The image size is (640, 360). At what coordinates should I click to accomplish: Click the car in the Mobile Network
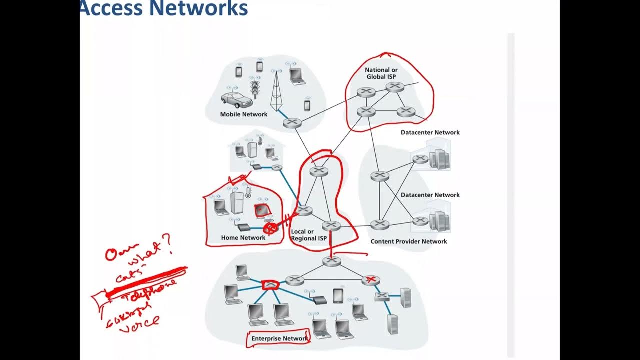click(236, 100)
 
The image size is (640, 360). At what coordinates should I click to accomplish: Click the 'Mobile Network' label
click(244, 114)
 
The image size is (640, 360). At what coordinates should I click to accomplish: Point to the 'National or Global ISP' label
click(381, 73)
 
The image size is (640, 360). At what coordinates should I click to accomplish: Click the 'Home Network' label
click(243, 238)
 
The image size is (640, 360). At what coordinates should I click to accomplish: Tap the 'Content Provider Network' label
click(409, 241)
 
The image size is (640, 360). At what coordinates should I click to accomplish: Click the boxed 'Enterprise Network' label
click(279, 339)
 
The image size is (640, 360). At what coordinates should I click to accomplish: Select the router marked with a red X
click(370, 280)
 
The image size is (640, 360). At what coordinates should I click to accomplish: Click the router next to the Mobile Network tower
click(292, 123)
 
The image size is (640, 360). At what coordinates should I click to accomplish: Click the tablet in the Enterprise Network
click(338, 295)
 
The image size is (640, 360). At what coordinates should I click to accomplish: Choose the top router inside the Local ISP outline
click(318, 171)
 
